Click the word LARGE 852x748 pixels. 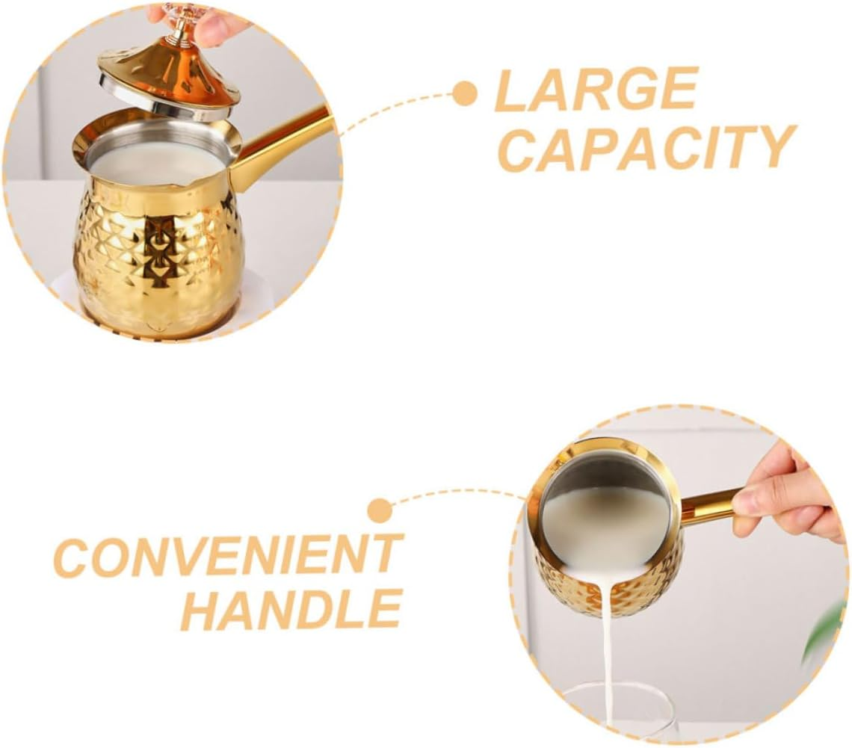click(x=596, y=89)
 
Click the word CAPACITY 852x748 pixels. click(x=646, y=148)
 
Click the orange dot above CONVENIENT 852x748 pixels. click(x=380, y=511)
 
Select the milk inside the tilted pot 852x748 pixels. click(x=605, y=523)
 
